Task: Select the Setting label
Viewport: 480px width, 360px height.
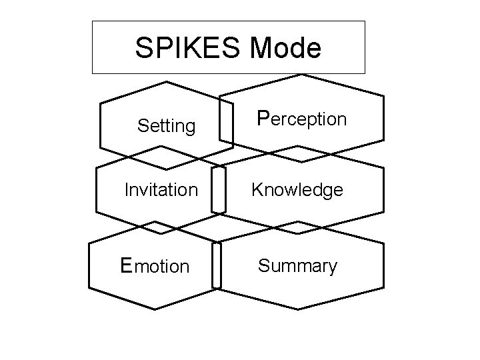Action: [166, 125]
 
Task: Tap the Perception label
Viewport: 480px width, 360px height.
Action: [302, 119]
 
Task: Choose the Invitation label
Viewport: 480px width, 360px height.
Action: [161, 191]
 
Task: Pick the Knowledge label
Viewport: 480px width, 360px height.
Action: [297, 191]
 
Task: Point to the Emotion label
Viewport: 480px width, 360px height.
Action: [155, 266]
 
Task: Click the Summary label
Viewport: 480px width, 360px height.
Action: [297, 266]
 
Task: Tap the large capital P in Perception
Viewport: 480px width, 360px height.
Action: [263, 118]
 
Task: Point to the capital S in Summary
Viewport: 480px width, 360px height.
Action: [263, 266]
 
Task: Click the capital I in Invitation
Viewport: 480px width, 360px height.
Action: [127, 191]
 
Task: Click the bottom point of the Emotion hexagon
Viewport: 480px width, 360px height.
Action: [156, 309]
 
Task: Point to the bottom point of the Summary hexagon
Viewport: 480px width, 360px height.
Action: [298, 309]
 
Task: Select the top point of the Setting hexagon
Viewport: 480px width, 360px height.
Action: [165, 82]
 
